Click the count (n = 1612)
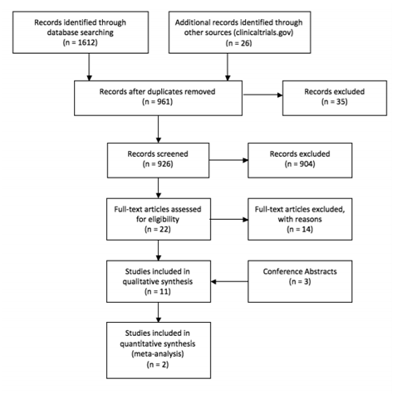[81, 42]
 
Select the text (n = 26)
[239, 43]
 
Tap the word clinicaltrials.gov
[262, 32]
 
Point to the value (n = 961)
[158, 102]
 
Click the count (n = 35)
[335, 102]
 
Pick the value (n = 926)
[158, 164]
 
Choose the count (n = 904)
[300, 164]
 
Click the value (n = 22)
[158, 229]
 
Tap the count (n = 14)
[300, 229]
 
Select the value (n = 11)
[158, 291]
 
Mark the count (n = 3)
[300, 281]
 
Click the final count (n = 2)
[158, 364]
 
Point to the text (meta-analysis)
[158, 353]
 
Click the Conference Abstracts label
[300, 271]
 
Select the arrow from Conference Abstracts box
[229, 282]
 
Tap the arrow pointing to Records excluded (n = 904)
[228, 160]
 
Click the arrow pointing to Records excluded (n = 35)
[262, 95]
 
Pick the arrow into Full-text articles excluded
[229, 220]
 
